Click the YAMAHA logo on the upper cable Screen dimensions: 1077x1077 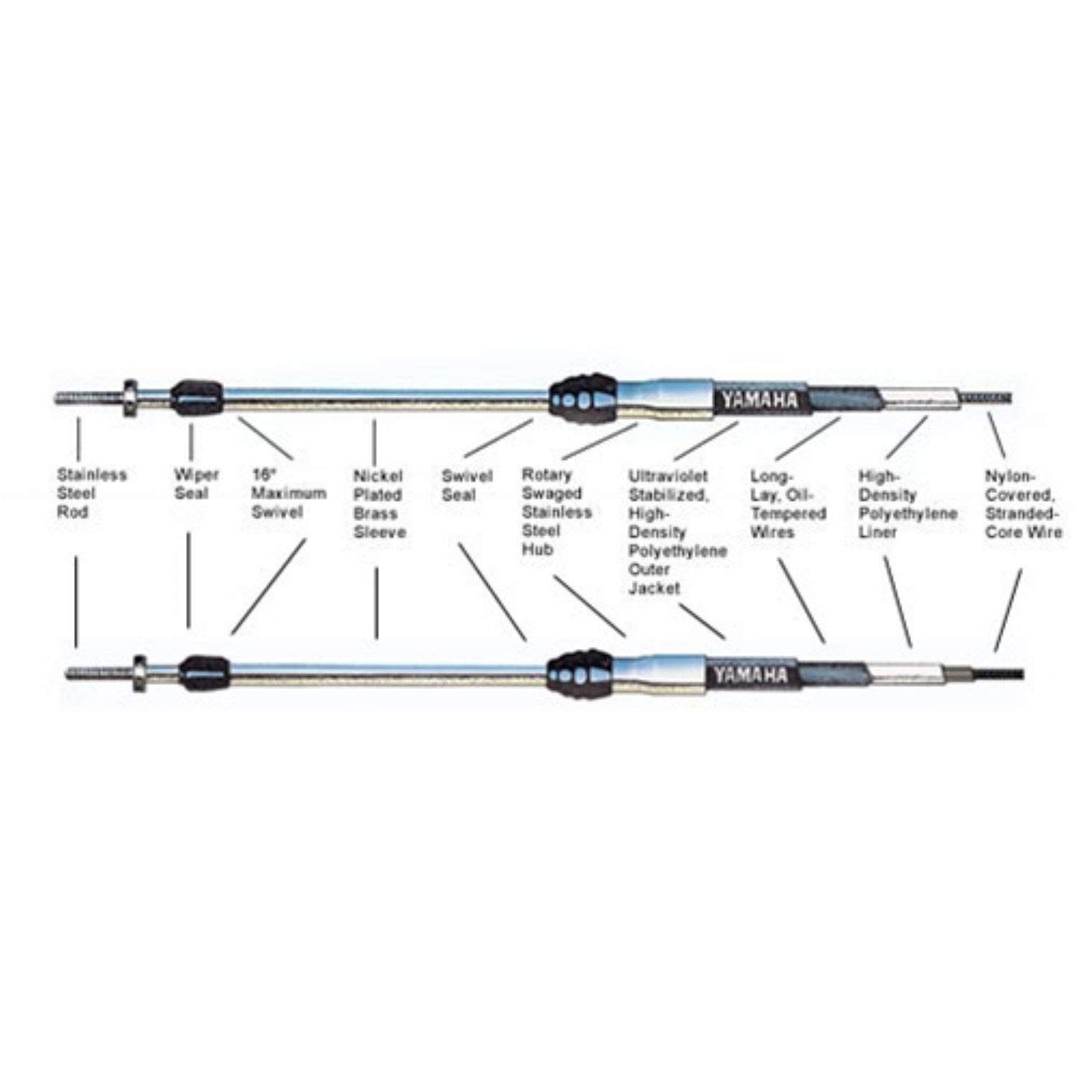(x=760, y=399)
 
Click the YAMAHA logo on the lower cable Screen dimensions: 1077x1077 (x=750, y=675)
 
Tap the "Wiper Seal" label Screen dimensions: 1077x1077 (x=195, y=484)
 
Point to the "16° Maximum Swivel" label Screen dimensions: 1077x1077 (x=288, y=493)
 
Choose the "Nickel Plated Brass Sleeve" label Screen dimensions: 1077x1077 (x=379, y=503)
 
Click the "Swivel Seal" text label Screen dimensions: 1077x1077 (x=467, y=485)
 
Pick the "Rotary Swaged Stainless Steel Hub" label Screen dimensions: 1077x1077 (x=556, y=511)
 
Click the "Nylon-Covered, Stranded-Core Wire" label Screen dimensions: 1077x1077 (x=1022, y=503)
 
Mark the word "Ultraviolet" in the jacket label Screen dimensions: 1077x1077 (x=668, y=475)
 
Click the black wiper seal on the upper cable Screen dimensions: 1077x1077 (x=196, y=394)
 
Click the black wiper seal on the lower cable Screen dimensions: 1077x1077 (x=203, y=671)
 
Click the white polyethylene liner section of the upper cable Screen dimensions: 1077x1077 (x=918, y=396)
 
